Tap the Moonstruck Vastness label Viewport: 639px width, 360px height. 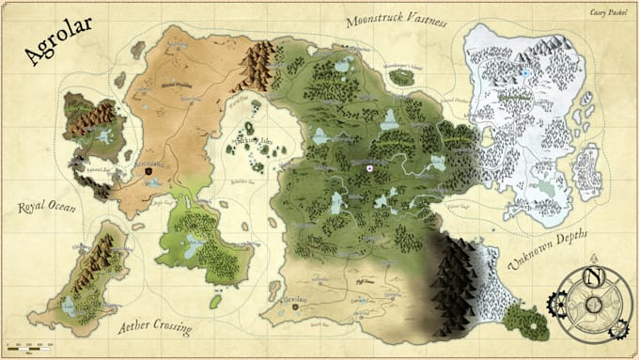397,20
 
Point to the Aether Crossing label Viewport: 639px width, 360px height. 156,328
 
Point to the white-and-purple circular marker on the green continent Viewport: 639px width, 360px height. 370,168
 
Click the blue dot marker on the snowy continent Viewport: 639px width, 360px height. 526,72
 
